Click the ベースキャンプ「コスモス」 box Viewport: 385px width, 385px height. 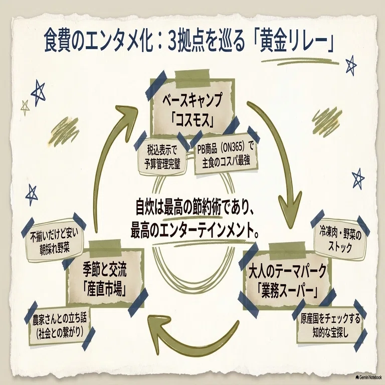[192, 108]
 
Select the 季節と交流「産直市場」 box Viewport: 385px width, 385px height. [105, 277]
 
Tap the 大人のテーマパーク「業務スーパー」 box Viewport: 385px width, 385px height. [287, 280]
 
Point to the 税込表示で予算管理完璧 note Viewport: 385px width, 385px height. [162, 157]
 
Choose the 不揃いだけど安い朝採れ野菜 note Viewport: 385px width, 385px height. [54, 241]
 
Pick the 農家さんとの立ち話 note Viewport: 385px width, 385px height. [60, 325]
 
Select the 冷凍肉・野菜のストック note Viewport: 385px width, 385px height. [340, 240]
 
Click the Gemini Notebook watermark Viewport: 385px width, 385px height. [368, 377]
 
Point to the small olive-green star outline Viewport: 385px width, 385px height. [25, 108]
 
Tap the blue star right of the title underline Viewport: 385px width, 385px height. [351, 65]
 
